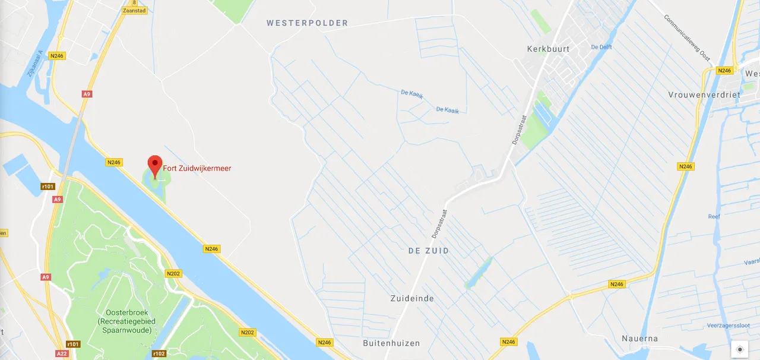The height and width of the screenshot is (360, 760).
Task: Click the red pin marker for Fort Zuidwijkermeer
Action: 155,165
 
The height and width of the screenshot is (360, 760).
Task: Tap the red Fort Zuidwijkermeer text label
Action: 197,169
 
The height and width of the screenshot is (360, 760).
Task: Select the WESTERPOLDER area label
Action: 307,23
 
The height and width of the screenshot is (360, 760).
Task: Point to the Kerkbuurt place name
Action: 548,49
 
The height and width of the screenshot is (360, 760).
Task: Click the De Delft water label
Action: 601,46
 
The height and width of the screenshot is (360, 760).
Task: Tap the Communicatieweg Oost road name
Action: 688,37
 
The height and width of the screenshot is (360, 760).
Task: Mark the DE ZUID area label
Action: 429,251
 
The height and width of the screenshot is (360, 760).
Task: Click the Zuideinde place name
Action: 412,298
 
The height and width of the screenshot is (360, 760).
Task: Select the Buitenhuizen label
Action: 391,343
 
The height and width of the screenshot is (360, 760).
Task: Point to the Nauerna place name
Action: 639,339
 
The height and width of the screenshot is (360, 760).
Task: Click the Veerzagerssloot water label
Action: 729,326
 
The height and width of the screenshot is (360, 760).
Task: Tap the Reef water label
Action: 714,217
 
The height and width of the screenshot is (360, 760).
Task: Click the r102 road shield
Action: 159,353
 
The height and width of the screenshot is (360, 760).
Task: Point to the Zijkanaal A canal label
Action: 35,64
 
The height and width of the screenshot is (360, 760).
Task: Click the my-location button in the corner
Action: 740,349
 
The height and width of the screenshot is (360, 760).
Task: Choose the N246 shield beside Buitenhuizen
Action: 324,342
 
